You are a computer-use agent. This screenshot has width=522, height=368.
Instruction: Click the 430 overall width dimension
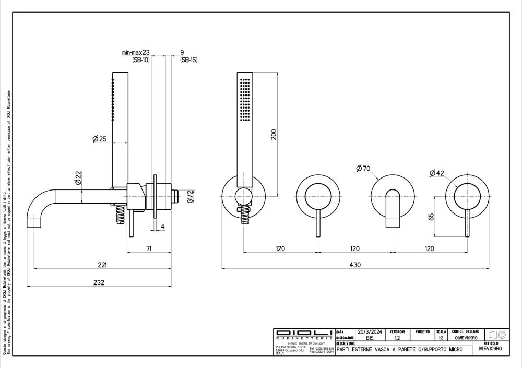click(355, 265)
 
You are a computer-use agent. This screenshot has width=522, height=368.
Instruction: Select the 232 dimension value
click(99, 282)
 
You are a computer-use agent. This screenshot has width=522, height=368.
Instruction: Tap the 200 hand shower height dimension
click(273, 135)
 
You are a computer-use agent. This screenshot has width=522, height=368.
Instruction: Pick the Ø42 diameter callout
click(436, 173)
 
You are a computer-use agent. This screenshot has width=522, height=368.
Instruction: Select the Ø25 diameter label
click(99, 139)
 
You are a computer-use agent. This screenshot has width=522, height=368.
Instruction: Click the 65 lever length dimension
click(431, 216)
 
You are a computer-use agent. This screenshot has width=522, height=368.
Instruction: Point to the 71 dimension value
click(149, 248)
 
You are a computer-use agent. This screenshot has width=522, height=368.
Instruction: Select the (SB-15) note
click(188, 60)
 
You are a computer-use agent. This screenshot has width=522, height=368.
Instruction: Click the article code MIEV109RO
click(490, 349)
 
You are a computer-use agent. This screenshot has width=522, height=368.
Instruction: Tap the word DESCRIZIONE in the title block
click(346, 343)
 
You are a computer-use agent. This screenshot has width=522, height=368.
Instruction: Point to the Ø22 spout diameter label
click(78, 178)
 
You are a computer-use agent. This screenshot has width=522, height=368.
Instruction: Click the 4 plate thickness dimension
click(163, 227)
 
